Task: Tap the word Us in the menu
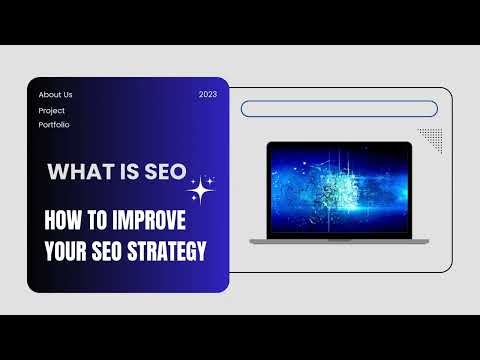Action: [67, 95]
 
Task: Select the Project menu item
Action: [52, 110]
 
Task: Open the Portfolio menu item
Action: [54, 125]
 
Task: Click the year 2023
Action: [208, 95]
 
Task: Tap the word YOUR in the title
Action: [68, 250]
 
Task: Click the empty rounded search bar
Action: [339, 109]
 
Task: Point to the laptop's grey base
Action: [339, 240]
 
